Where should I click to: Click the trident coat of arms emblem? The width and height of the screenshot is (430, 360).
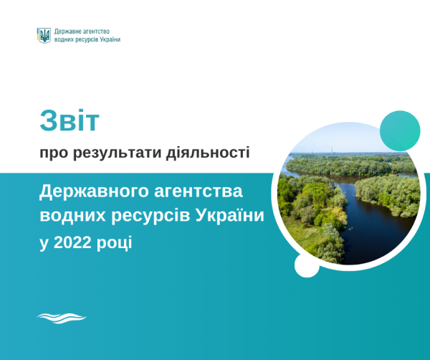44,35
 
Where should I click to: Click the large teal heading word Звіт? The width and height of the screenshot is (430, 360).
70,121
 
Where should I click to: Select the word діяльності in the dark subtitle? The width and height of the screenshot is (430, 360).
208,153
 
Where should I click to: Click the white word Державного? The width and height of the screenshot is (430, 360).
94,192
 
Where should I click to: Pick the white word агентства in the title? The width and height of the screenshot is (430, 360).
199,191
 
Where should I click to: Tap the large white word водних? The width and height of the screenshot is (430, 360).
72,216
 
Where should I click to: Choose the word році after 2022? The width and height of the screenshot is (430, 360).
114,243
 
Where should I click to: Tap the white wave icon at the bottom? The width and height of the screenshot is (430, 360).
62,318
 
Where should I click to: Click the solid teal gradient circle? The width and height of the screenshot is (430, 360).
400,131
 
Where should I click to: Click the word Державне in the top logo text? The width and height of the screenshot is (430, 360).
65,32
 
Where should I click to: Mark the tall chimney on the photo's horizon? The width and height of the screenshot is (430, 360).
333,149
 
